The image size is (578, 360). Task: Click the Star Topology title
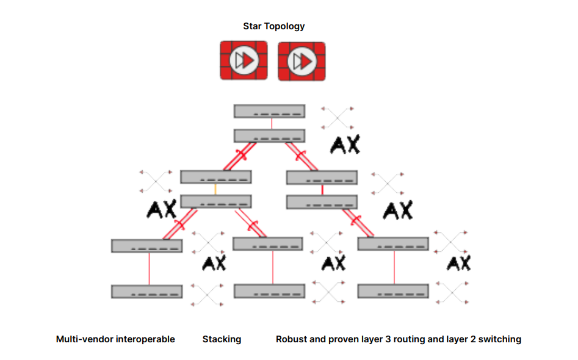click(x=273, y=26)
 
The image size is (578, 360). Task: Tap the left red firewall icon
click(x=244, y=60)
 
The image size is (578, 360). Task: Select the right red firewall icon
click(x=301, y=61)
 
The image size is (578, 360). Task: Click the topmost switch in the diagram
click(x=269, y=111)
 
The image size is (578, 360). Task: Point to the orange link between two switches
click(x=215, y=189)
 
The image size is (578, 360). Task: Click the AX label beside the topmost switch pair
click(x=345, y=144)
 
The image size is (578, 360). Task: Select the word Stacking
click(x=222, y=339)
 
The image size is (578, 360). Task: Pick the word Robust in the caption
click(x=291, y=339)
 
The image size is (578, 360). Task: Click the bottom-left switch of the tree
click(x=146, y=292)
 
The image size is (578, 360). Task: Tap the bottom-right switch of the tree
click(x=393, y=291)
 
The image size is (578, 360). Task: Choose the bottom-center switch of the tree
click(x=269, y=291)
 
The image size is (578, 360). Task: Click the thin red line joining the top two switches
click(x=271, y=124)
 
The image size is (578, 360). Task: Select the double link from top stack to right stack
click(x=302, y=157)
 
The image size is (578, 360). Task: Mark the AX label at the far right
click(x=458, y=263)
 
